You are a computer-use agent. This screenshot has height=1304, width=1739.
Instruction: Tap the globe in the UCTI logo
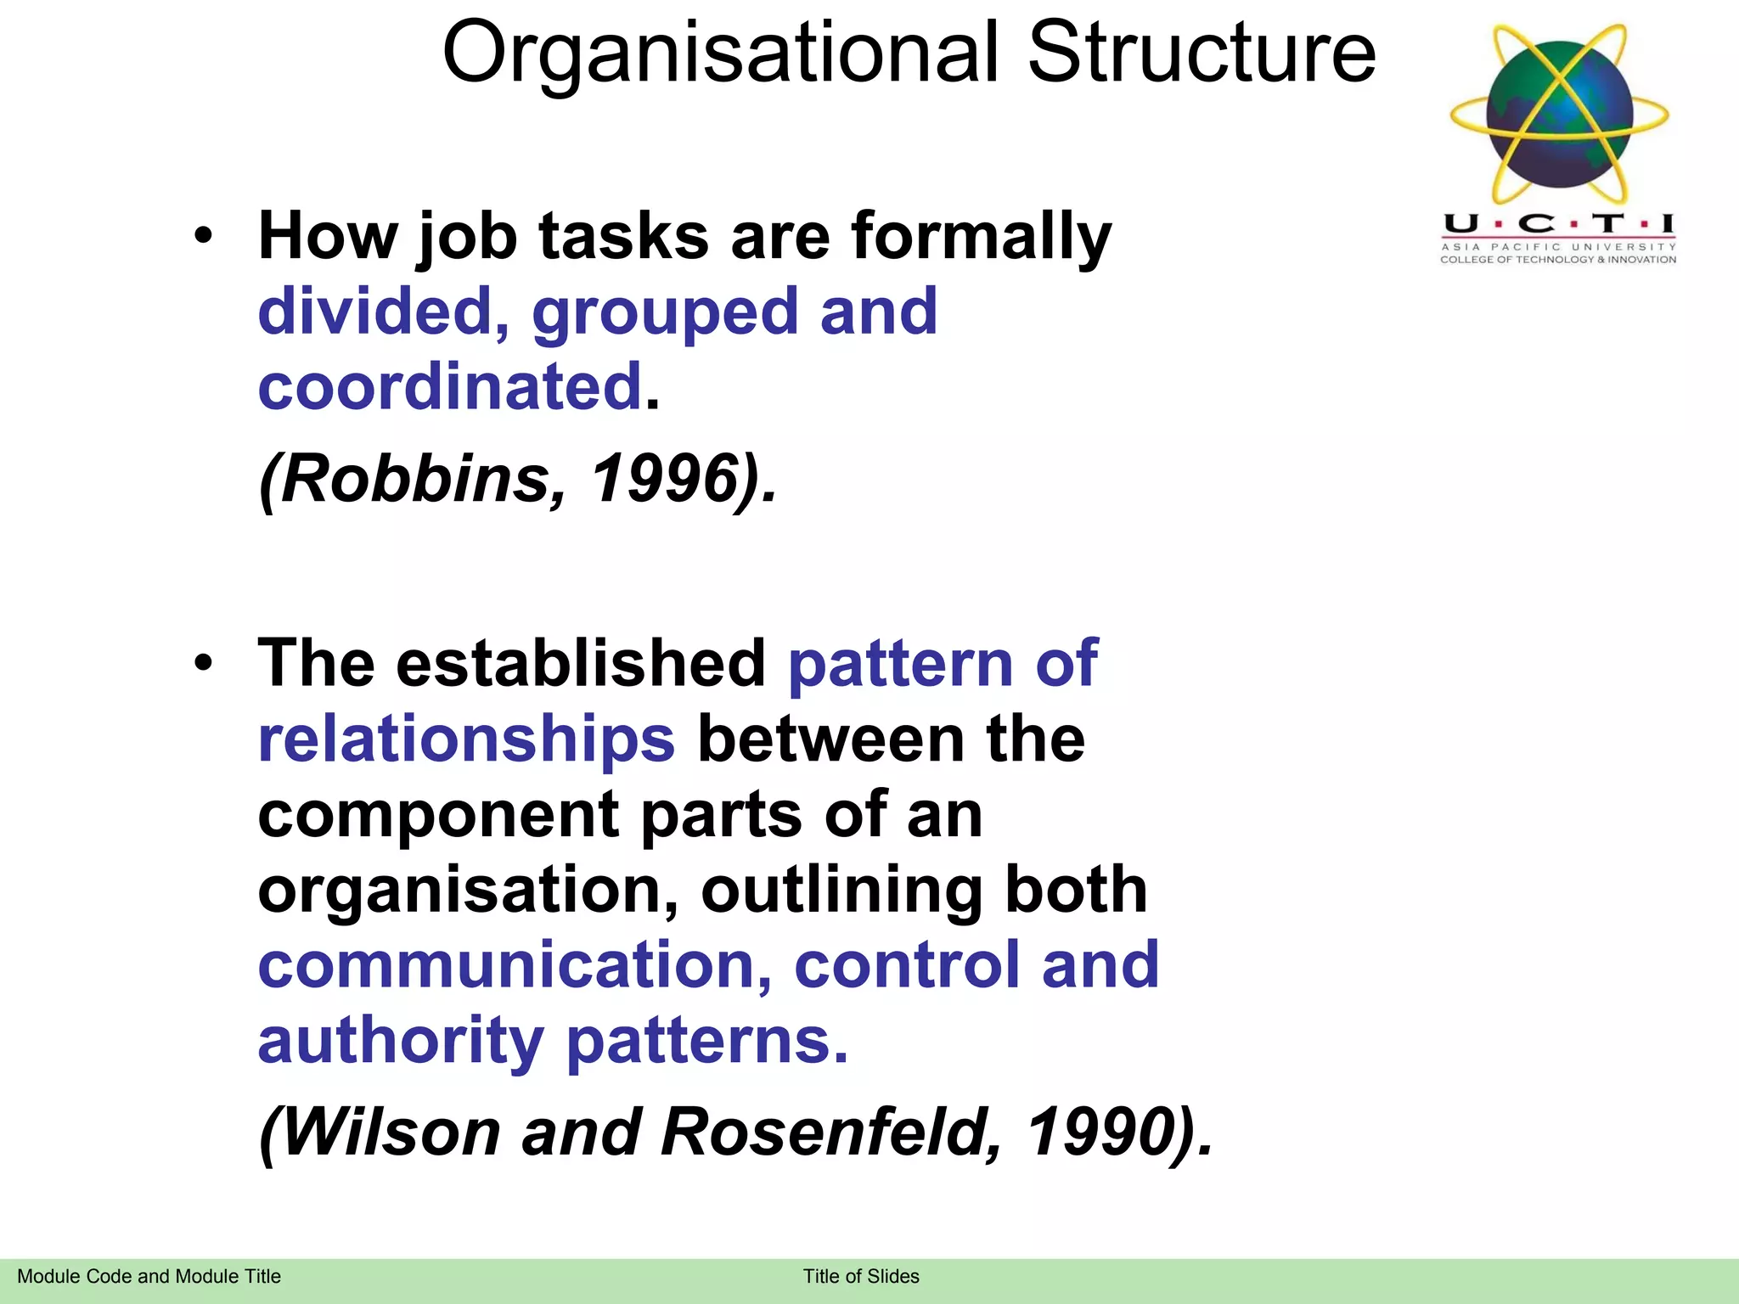point(1560,115)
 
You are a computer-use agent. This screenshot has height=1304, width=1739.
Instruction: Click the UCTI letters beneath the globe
point(1558,224)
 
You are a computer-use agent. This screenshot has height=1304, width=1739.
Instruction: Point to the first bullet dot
point(202,236)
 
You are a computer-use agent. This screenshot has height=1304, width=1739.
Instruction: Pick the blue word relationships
point(466,739)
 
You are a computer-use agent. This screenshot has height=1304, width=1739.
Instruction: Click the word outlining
point(841,890)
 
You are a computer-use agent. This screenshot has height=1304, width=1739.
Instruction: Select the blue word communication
point(514,965)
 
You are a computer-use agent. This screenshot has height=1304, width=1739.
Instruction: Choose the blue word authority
point(400,1042)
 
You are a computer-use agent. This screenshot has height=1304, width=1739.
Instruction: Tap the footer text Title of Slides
point(861,1276)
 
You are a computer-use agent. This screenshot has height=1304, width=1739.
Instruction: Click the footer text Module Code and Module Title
point(149,1276)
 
